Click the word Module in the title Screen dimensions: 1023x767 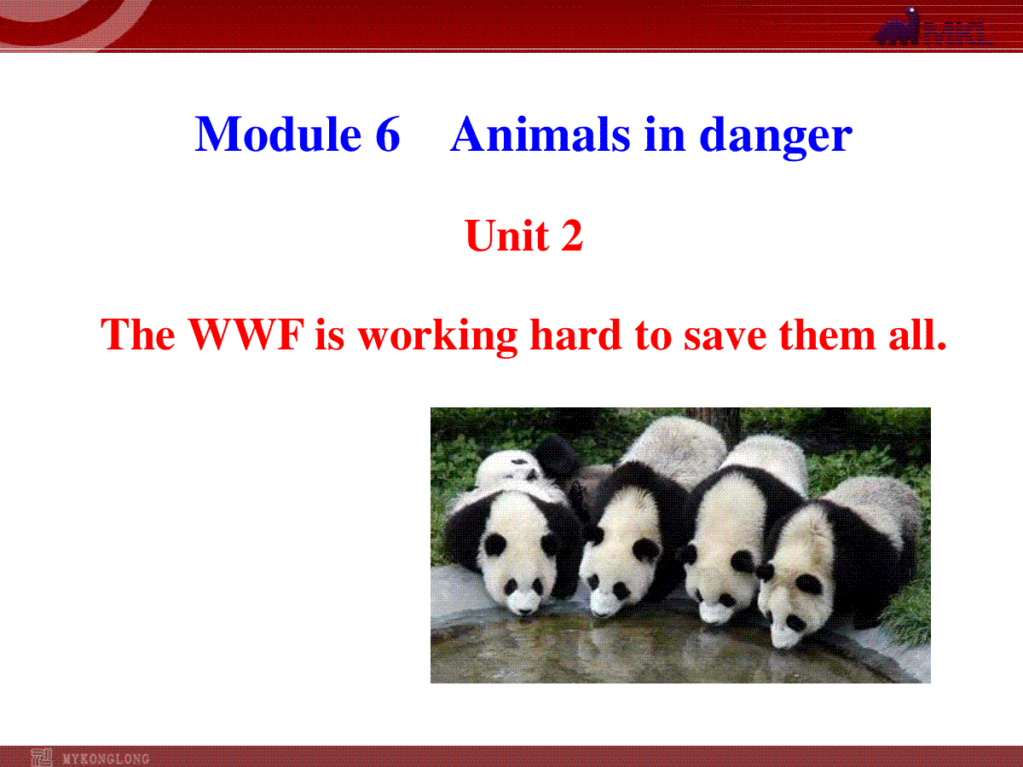[278, 134]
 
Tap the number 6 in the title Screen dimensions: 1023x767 [388, 134]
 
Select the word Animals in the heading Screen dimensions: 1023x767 [540, 134]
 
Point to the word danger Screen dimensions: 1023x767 [776, 137]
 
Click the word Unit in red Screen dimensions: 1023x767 [506, 235]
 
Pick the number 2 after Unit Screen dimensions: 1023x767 [572, 235]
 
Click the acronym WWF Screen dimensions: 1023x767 [246, 334]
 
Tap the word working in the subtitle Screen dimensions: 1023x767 [437, 337]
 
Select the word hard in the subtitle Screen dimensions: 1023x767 [575, 334]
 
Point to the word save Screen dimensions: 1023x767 [725, 337]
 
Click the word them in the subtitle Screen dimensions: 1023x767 [827, 334]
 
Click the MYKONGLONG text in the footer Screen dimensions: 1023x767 [107, 759]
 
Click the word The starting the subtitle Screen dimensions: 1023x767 [138, 334]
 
